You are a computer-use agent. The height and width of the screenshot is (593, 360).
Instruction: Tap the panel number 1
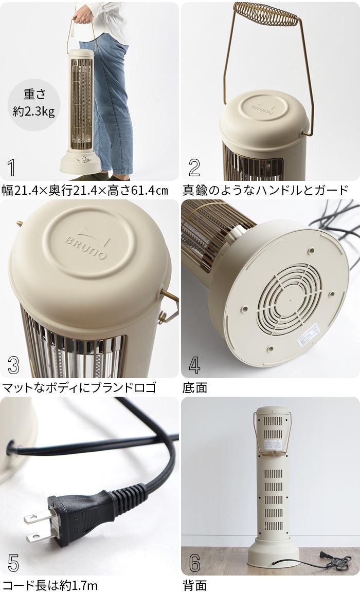tap(11, 168)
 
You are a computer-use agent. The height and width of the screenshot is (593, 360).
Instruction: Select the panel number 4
tap(194, 364)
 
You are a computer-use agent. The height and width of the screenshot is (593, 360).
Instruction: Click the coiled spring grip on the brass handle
tap(266, 15)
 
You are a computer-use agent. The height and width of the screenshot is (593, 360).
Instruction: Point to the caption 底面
tap(195, 387)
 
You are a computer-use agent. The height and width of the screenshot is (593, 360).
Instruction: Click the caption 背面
tap(195, 585)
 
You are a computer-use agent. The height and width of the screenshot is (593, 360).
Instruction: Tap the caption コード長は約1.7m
tap(50, 585)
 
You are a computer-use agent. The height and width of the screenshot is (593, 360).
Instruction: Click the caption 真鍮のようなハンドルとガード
tap(265, 190)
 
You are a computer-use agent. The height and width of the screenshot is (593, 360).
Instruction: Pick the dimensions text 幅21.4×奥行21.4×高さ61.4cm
tap(85, 190)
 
